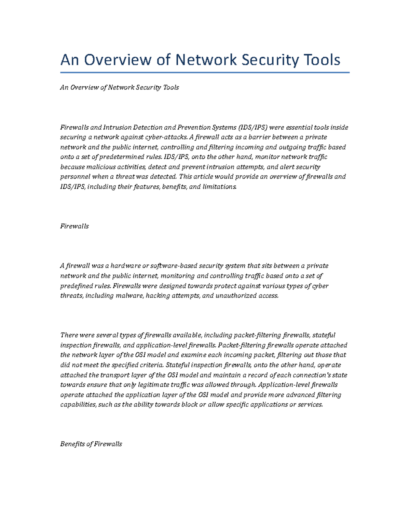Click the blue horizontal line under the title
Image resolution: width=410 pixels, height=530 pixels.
click(205, 72)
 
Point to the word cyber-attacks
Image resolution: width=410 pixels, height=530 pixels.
click(166, 137)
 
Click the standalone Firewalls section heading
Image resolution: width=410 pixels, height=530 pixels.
click(74, 226)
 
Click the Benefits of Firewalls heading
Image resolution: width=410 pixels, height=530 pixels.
click(91, 444)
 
